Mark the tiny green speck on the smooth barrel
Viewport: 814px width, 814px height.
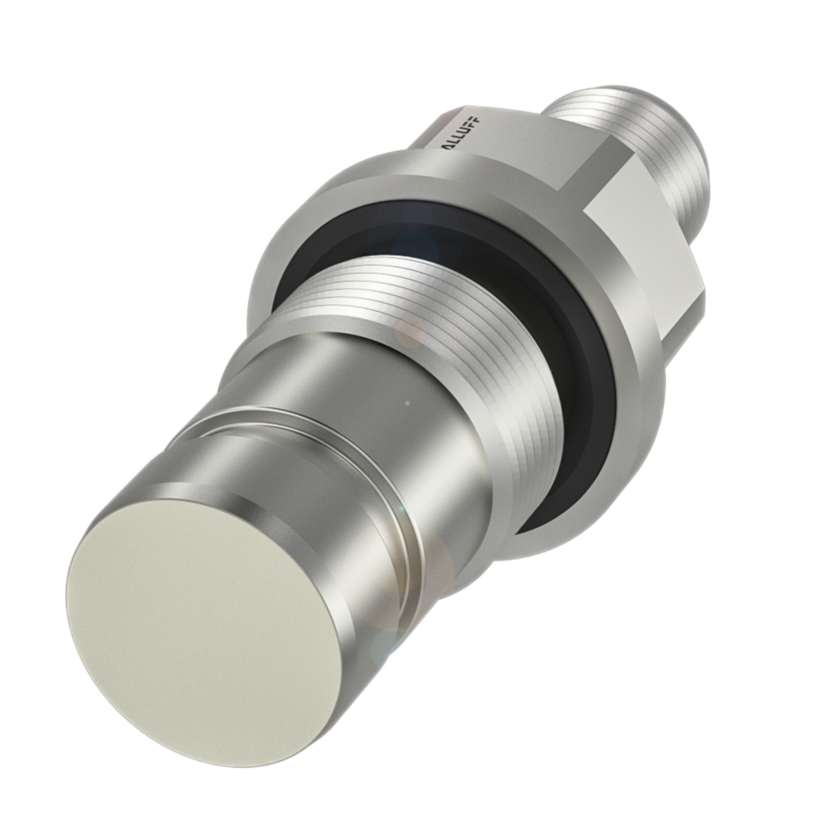click(x=408, y=403)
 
